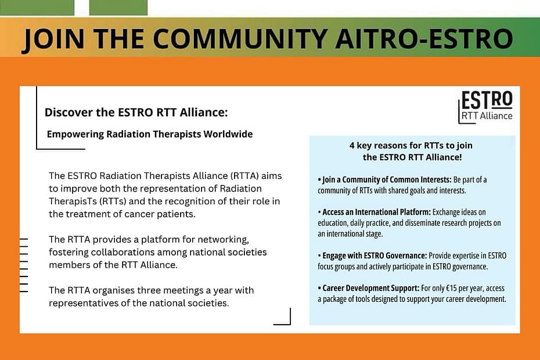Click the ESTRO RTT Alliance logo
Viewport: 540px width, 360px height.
click(x=485, y=106)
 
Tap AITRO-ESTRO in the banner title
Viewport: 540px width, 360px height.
click(x=424, y=38)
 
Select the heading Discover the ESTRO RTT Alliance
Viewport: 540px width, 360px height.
click(x=136, y=112)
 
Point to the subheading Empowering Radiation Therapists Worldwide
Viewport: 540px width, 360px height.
click(x=150, y=134)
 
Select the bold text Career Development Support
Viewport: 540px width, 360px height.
click(x=370, y=289)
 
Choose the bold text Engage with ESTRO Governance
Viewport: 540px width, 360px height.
click(x=375, y=256)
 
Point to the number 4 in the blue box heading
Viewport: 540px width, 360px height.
click(x=352, y=145)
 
